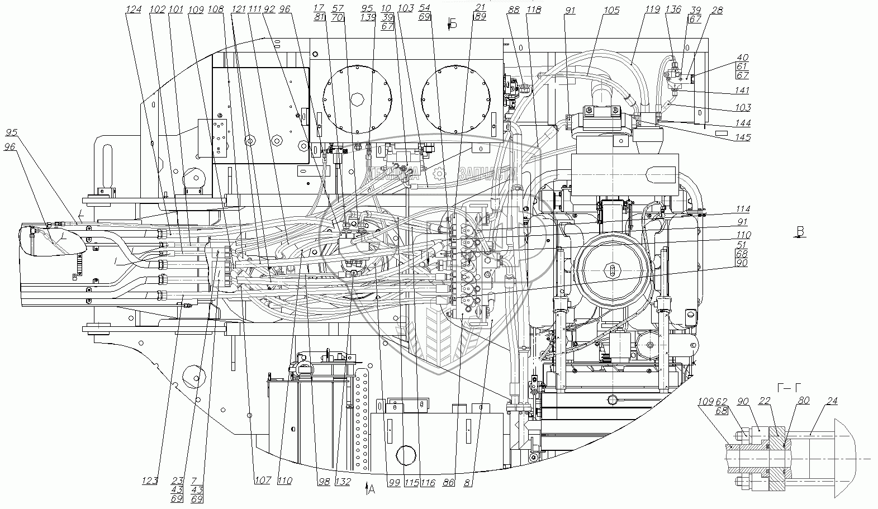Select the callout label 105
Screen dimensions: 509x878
tap(611, 10)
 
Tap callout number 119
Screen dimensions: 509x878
tap(653, 9)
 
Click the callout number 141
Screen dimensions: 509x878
tap(743, 90)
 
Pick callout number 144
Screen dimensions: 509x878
tap(743, 123)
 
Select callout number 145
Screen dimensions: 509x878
tap(743, 137)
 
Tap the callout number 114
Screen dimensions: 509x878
tap(743, 209)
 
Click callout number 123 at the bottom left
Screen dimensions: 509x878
tap(149, 481)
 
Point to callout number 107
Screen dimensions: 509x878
tap(263, 481)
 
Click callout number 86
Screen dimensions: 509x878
tap(448, 481)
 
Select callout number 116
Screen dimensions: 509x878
tap(429, 481)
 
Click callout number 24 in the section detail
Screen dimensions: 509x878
tap(833, 401)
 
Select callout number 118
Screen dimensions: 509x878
tap(534, 10)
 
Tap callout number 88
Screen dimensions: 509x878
tap(514, 10)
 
